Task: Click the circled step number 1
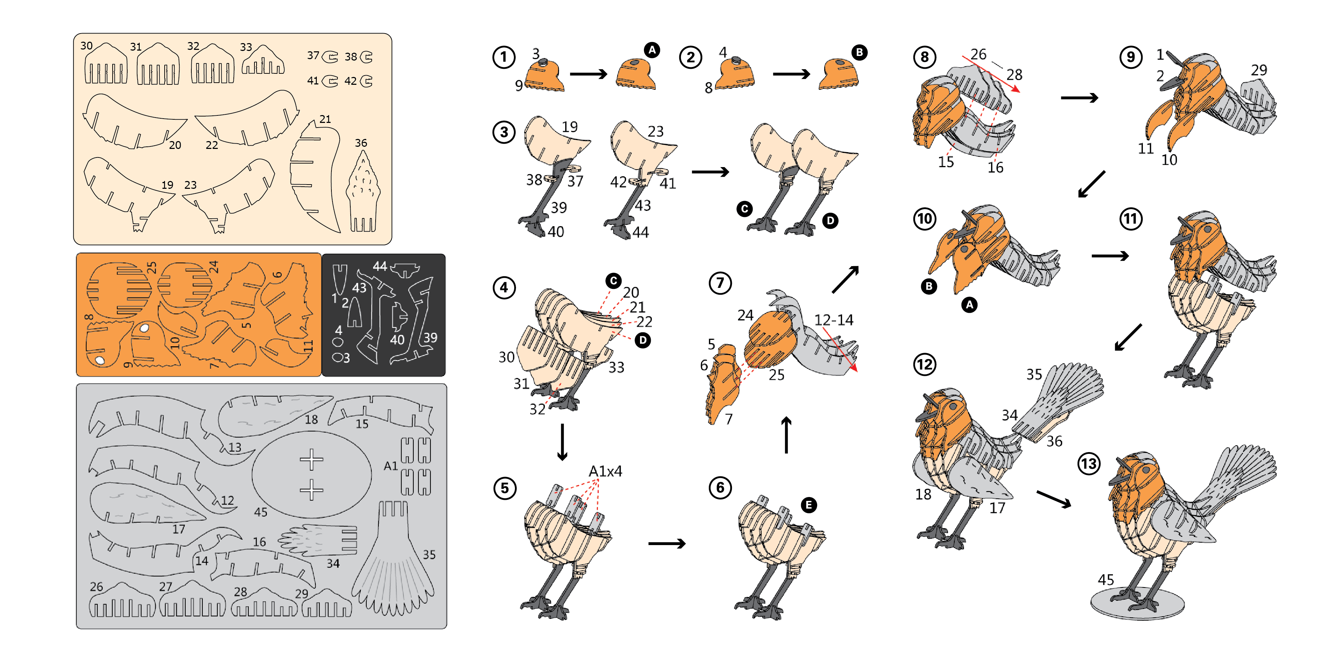[504, 57]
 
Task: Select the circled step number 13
[1089, 464]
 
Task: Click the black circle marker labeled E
[809, 505]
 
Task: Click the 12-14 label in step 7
[834, 320]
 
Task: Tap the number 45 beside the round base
[1106, 580]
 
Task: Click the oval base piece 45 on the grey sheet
[311, 474]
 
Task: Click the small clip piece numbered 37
[330, 57]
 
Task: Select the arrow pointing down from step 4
[562, 442]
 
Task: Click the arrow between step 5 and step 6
[667, 544]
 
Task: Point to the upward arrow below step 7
[786, 435]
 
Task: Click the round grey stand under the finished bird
[1138, 604]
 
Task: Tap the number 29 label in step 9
[1259, 70]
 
